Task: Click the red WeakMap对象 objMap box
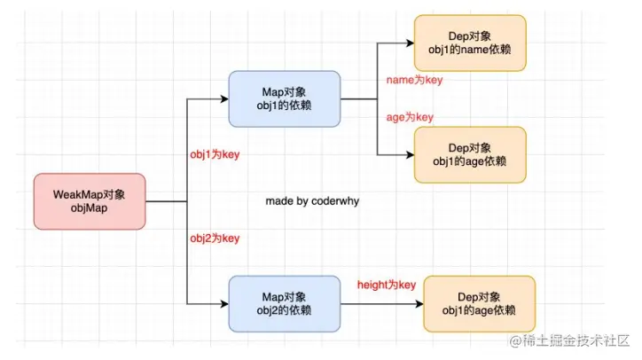[x=90, y=201]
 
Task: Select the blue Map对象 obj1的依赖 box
[x=285, y=98]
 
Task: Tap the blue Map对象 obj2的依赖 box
[x=285, y=303]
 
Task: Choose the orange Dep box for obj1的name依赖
[x=470, y=43]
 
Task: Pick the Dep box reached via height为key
[x=480, y=303]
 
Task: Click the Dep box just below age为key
[x=470, y=155]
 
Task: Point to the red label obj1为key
[x=215, y=154]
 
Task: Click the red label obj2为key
[x=215, y=238]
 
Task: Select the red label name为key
[x=414, y=80]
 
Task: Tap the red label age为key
[x=410, y=117]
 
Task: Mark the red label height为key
[x=387, y=285]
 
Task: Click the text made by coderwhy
[x=312, y=201]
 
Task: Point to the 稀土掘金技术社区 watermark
[x=569, y=340]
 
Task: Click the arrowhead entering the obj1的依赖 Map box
[x=224, y=98]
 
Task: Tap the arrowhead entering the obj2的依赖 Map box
[x=224, y=304]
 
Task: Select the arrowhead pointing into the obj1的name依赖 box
[x=411, y=43]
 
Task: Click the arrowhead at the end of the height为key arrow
[x=419, y=304]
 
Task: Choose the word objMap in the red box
[x=89, y=208]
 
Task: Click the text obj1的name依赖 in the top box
[x=470, y=50]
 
